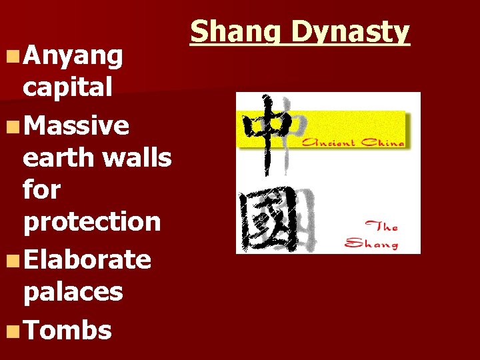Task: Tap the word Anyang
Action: [73, 58]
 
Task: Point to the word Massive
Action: [76, 125]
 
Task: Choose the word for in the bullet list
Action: [41, 190]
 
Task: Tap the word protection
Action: [92, 222]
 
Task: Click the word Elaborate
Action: [87, 259]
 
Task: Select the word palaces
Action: [73, 291]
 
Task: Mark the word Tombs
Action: [67, 329]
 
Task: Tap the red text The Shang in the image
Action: [372, 235]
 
